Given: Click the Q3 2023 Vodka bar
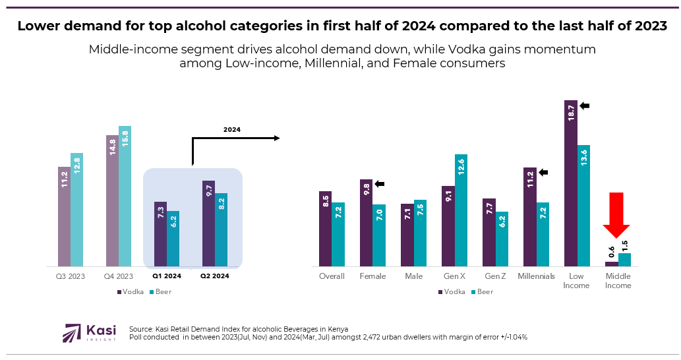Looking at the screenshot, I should coord(63,217).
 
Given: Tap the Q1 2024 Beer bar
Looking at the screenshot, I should coord(173,239).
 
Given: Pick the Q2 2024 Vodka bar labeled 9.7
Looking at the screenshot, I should coord(208,224).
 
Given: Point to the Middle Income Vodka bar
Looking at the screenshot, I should coord(611,264).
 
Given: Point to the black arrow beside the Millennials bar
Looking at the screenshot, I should coord(543,173).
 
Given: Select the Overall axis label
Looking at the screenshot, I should coord(332,276).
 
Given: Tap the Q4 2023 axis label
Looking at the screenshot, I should coord(119,276).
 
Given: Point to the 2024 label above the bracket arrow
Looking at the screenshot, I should coord(231,130).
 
